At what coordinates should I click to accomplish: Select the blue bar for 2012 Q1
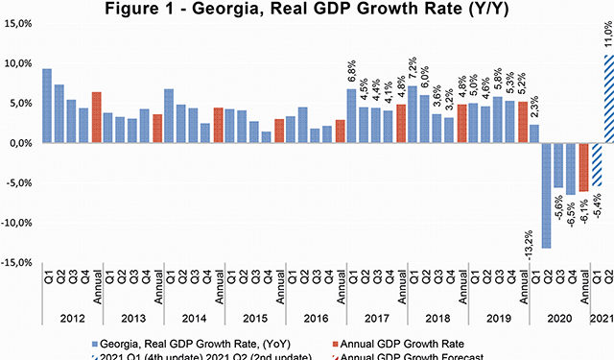pyautogui.click(x=47, y=106)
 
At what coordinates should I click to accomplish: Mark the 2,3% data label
pyautogui.click(x=533, y=109)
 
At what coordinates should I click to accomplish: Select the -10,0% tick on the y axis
pyautogui.click(x=18, y=223)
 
